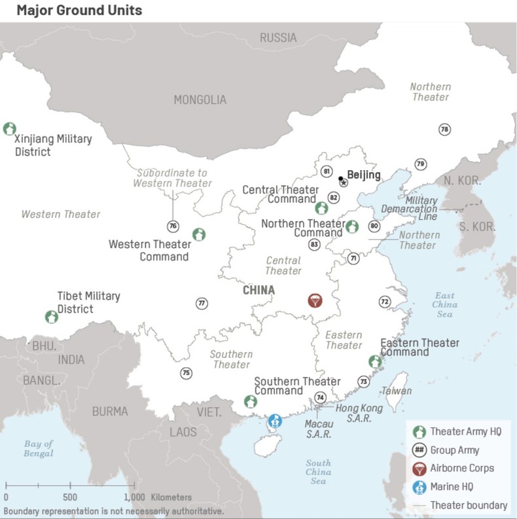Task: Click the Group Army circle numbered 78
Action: (444, 129)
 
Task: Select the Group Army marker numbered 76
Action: (173, 226)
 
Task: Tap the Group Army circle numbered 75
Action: (187, 373)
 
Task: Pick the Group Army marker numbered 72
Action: (384, 302)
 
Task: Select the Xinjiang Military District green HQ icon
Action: (9, 128)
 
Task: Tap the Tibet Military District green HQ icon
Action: (51, 317)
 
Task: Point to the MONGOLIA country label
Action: (200, 100)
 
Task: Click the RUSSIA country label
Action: (278, 38)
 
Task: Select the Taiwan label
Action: (397, 391)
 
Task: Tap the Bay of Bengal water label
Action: (39, 448)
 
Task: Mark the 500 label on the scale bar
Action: (71, 497)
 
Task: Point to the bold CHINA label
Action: (258, 290)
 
